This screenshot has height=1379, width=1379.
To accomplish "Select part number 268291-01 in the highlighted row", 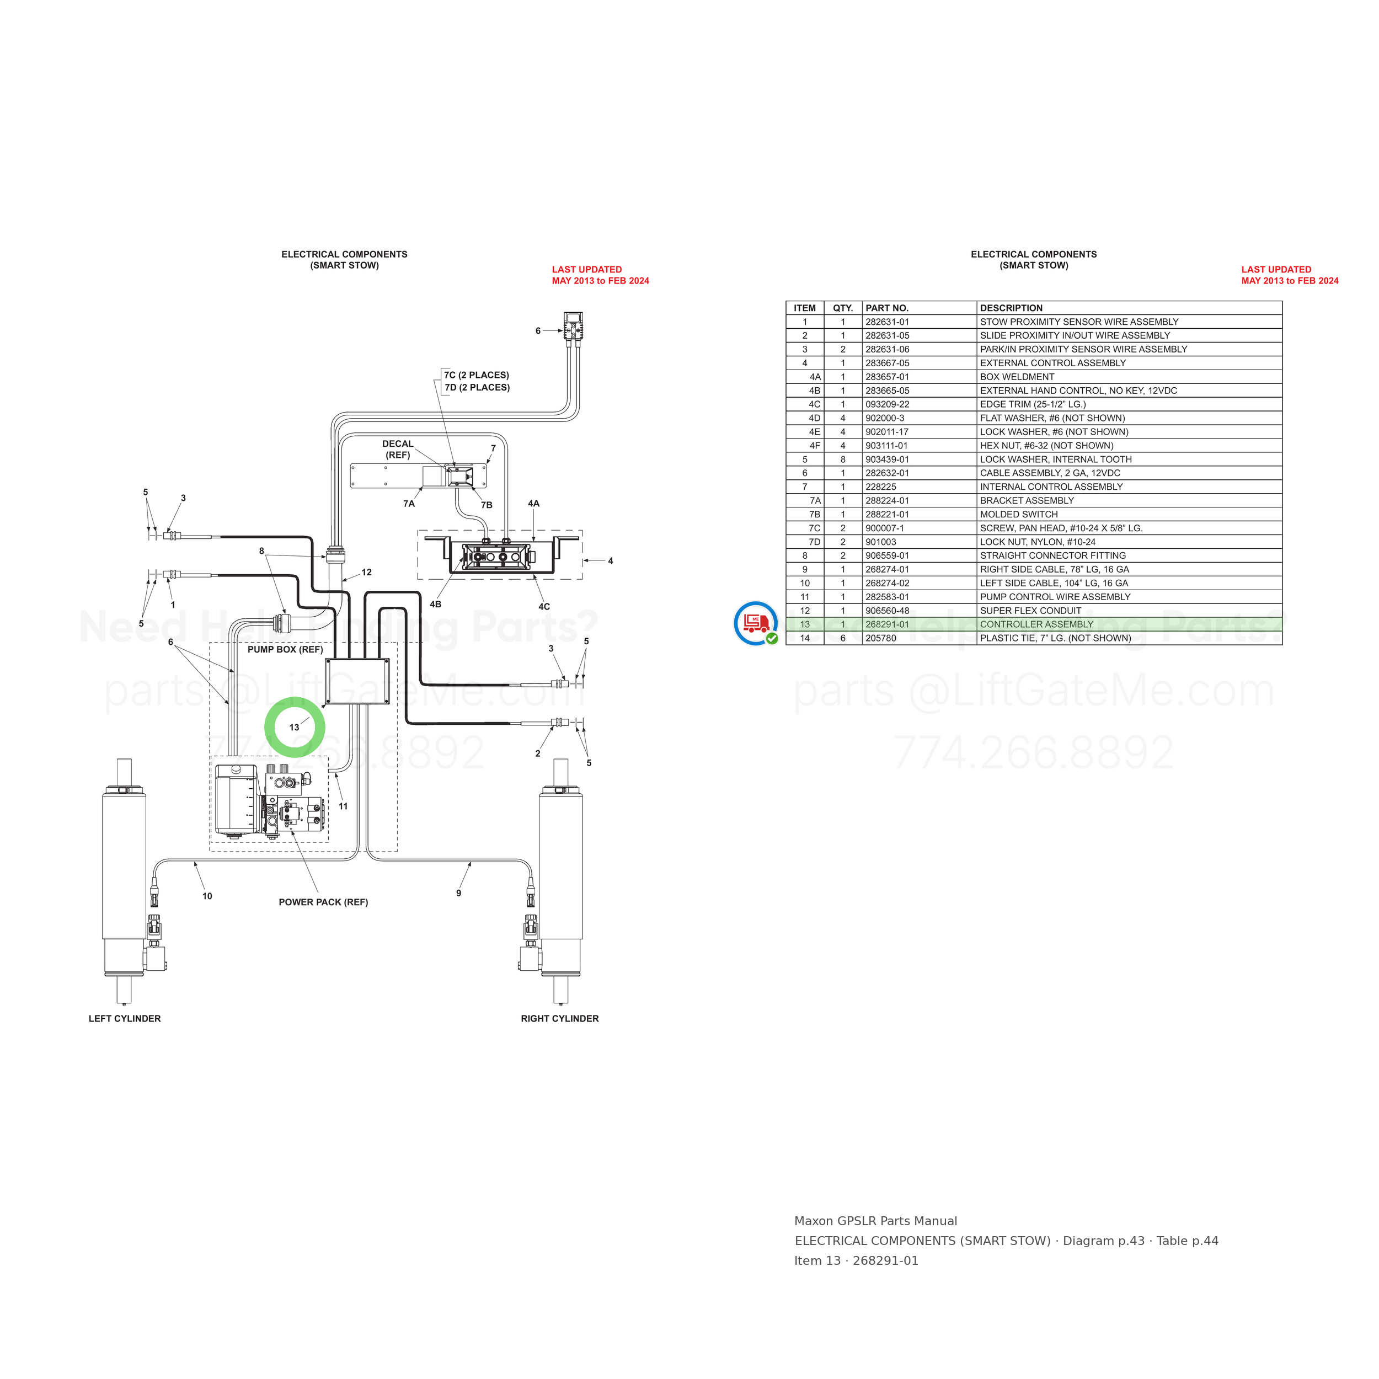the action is pyautogui.click(x=887, y=624).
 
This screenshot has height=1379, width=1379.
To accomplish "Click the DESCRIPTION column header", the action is pyautogui.click(x=1011, y=308).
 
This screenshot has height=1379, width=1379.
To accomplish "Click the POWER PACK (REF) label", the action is pyautogui.click(x=323, y=902).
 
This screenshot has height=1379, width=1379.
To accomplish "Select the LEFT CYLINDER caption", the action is pyautogui.click(x=125, y=1019).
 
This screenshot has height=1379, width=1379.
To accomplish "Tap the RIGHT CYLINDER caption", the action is pyautogui.click(x=559, y=1019).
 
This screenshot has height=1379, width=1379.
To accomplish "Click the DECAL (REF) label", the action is pyautogui.click(x=398, y=449).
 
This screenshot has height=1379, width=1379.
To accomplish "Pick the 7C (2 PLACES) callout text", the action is pyautogui.click(x=476, y=375).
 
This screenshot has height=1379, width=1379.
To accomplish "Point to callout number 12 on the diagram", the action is pyautogui.click(x=366, y=573).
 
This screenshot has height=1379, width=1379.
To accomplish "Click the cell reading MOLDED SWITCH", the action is pyautogui.click(x=1019, y=515).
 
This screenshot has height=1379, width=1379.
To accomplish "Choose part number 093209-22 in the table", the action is pyautogui.click(x=887, y=404).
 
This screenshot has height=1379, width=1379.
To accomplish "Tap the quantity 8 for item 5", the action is pyautogui.click(x=843, y=459).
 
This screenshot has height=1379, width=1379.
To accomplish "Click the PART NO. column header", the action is pyautogui.click(x=886, y=308).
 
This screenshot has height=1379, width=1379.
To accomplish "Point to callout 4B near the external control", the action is pyautogui.click(x=435, y=605).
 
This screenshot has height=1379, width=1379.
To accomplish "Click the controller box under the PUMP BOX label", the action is pyautogui.click(x=357, y=682).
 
